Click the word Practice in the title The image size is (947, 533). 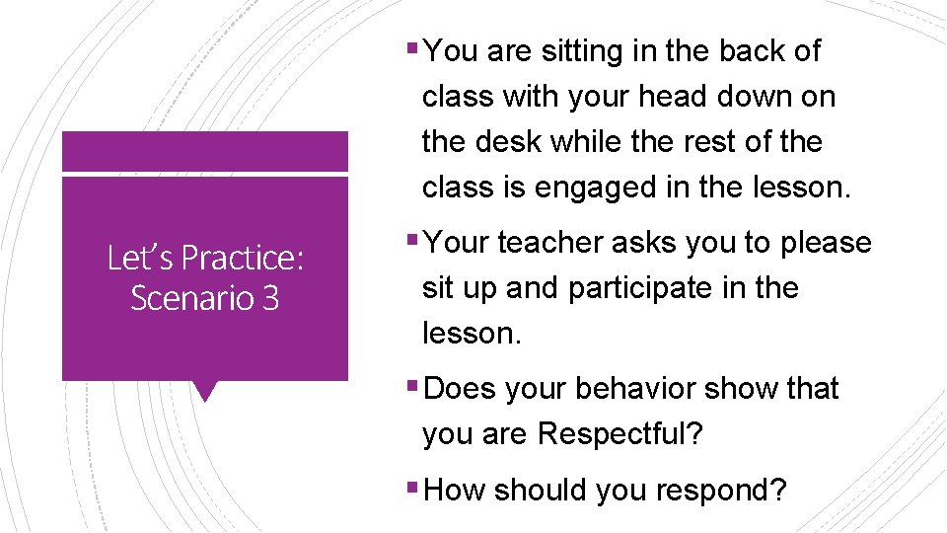coord(243,259)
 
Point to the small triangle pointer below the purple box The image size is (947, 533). coord(205,391)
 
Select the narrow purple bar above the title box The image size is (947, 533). coord(205,152)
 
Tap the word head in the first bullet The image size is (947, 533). coord(675,97)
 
